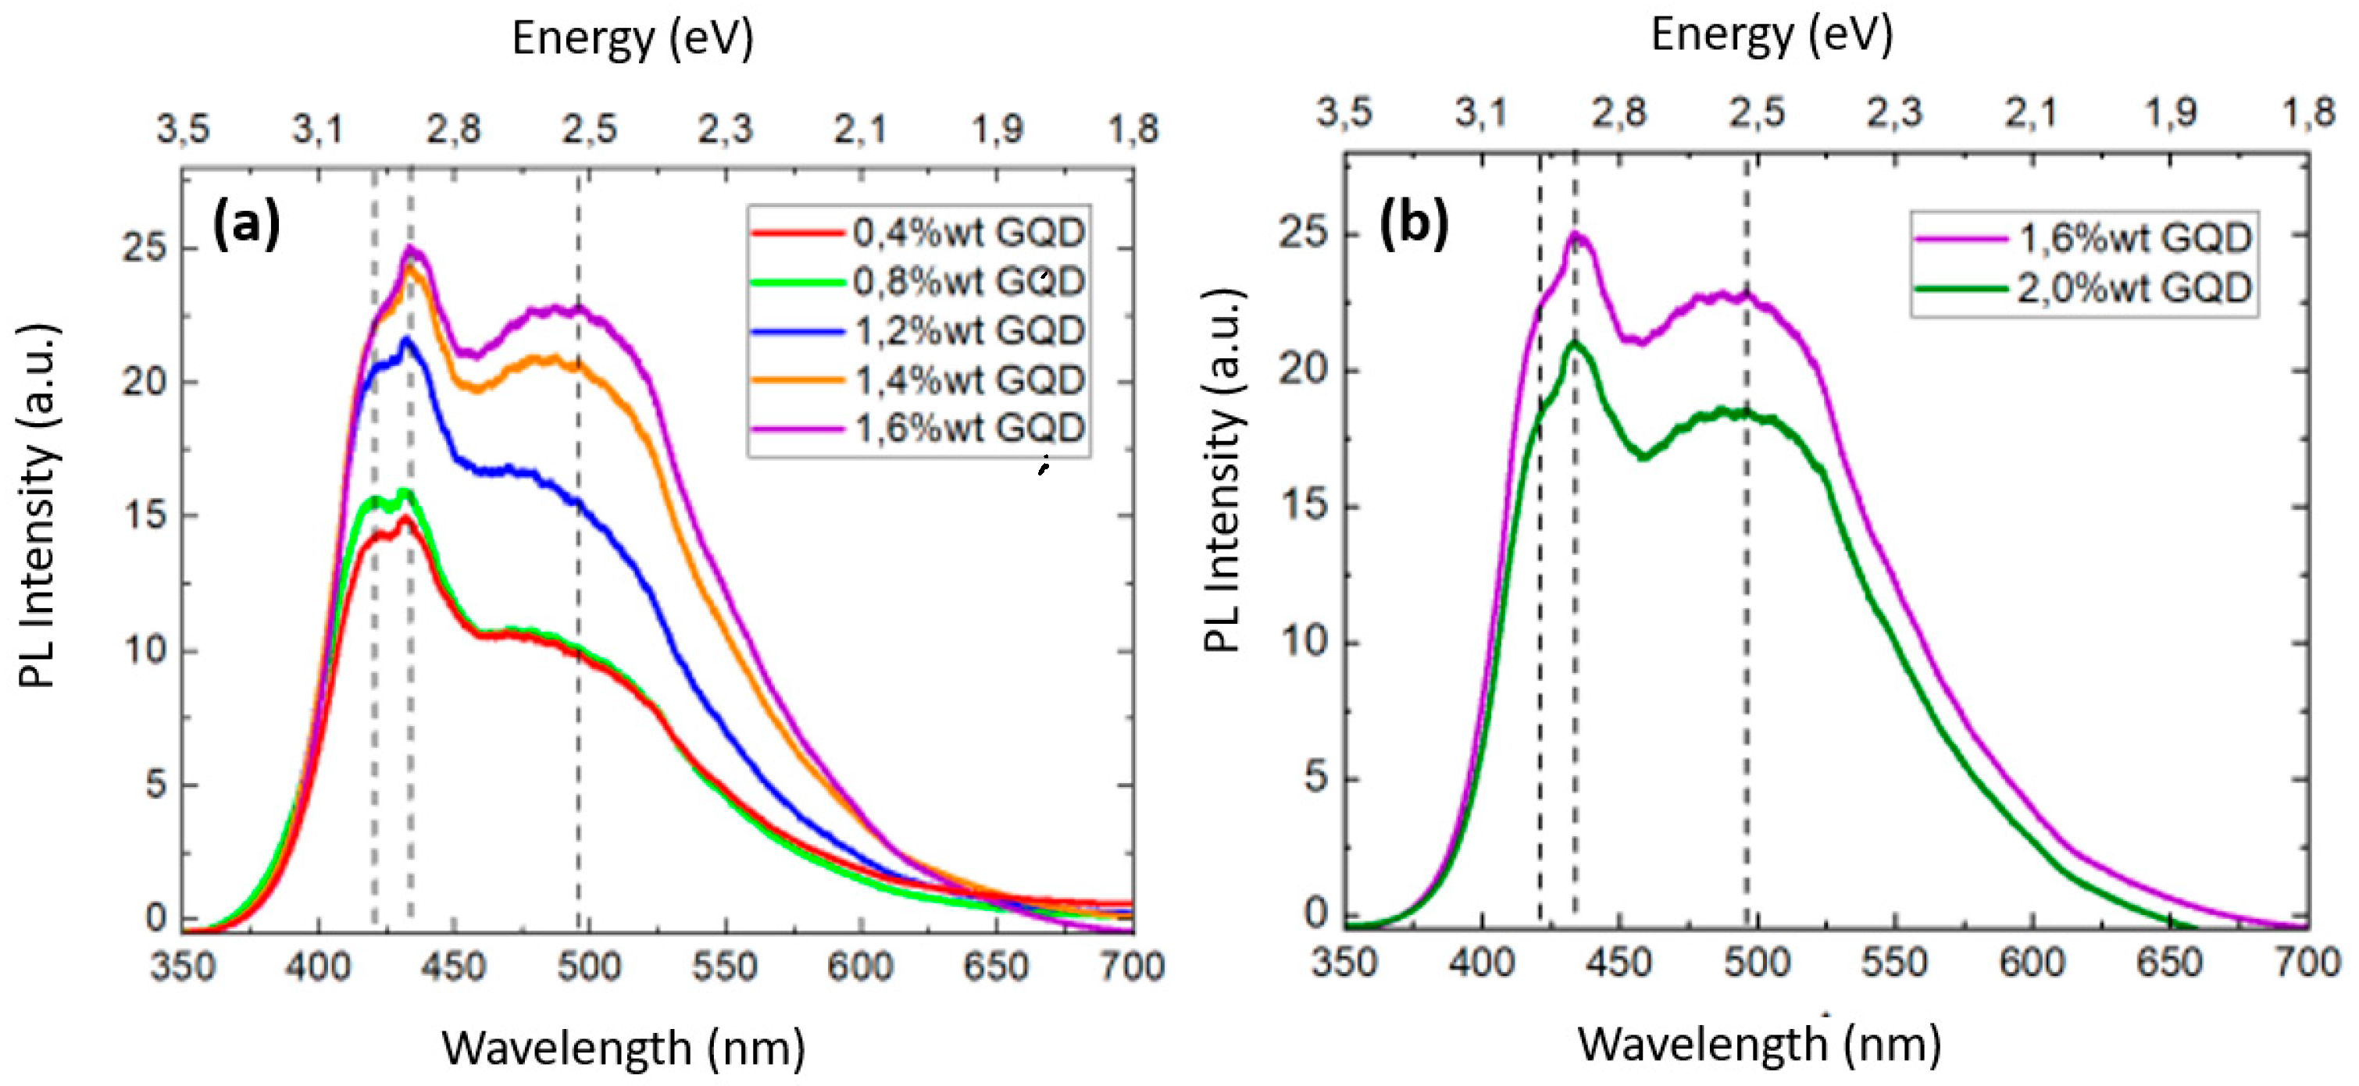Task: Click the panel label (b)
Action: tap(1414, 223)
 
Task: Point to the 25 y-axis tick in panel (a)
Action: tap(145, 248)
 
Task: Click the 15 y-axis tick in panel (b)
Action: tap(1304, 505)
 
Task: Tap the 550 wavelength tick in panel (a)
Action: tap(724, 968)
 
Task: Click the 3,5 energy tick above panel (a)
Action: tap(183, 129)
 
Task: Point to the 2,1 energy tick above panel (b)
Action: tap(2032, 112)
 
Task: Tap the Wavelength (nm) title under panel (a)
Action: tap(623, 1048)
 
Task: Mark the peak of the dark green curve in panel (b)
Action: tap(1574, 344)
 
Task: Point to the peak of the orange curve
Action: tap(409, 267)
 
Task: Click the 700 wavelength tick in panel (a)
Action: tap(1133, 968)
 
